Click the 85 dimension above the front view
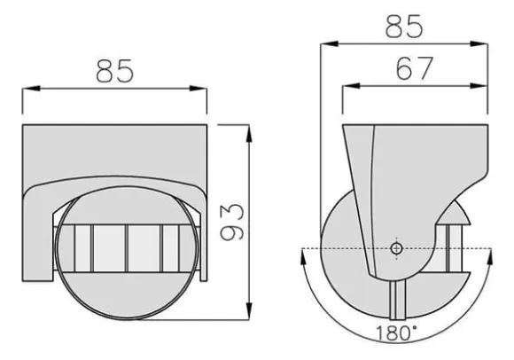115,71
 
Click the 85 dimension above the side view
404,27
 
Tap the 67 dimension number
415,68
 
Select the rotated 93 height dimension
232,223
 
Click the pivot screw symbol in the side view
397,249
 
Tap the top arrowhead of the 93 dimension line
249,133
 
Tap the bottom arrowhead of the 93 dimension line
249,311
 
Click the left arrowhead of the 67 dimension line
351,86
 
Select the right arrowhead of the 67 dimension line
479,86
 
